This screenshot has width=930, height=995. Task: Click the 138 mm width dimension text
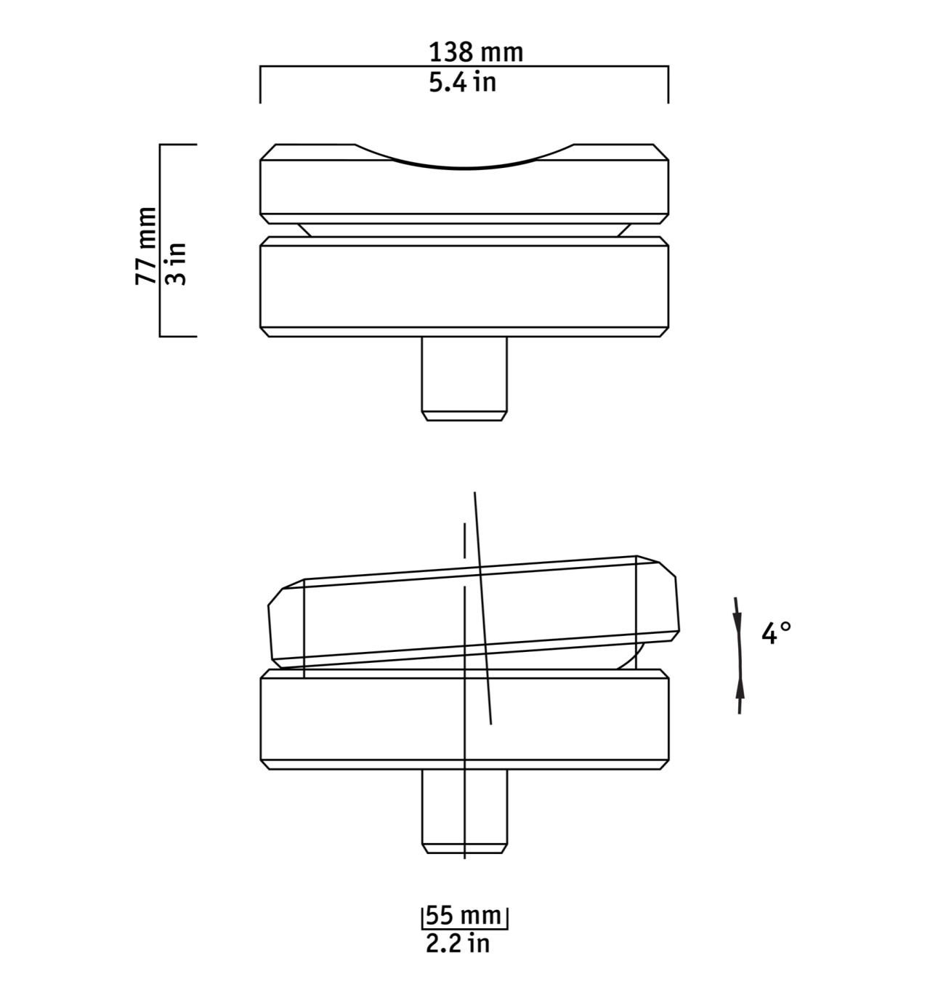click(475, 52)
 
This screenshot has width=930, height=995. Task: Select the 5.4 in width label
click(463, 83)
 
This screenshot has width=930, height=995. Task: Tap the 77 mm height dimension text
click(146, 246)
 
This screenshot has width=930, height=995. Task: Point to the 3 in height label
click(176, 264)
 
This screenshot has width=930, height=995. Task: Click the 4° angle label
click(776, 633)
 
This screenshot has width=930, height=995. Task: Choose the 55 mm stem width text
click(464, 917)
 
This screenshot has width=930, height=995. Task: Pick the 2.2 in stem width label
click(458, 944)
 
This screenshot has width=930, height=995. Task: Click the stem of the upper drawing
click(464, 379)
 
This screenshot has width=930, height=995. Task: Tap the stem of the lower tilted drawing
click(464, 812)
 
